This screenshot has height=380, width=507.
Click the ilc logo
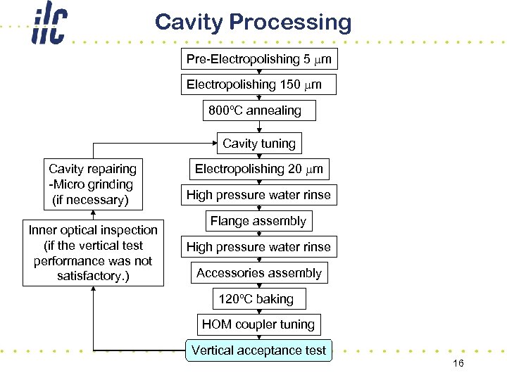(49, 25)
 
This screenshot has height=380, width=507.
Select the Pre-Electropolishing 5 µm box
(258, 59)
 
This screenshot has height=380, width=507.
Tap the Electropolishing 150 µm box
(258, 84)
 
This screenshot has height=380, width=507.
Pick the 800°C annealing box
(258, 110)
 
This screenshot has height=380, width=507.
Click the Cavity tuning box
(258, 144)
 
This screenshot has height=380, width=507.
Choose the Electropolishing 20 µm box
(258, 169)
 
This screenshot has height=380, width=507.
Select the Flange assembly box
(258, 221)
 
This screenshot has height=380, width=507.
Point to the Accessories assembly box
(258, 273)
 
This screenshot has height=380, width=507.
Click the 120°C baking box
(258, 299)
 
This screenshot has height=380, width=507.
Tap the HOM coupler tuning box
(258, 324)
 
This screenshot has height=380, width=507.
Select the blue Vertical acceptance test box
(258, 350)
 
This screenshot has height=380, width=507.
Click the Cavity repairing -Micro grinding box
(93, 184)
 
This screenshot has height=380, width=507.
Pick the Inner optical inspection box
(93, 253)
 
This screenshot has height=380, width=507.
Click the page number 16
(458, 363)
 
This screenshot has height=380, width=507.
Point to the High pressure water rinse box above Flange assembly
(258, 195)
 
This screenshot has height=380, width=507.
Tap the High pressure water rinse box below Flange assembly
(258, 247)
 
